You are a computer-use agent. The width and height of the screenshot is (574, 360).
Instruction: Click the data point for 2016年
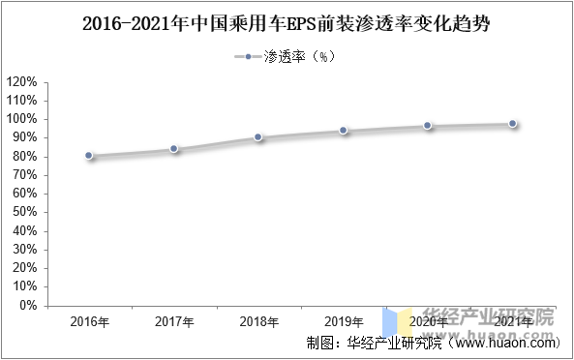(x=89, y=155)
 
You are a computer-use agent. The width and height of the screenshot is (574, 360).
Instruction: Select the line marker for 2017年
(x=174, y=149)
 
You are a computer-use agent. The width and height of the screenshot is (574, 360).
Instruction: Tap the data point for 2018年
(x=258, y=136)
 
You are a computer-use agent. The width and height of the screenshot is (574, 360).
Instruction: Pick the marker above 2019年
(x=343, y=130)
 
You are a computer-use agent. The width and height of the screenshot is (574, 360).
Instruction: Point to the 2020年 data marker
(x=427, y=126)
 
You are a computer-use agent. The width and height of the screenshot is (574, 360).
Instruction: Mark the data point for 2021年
(x=512, y=124)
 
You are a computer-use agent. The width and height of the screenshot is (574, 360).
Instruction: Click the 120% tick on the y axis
(x=22, y=81)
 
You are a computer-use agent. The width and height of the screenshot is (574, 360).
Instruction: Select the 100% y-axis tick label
(x=22, y=119)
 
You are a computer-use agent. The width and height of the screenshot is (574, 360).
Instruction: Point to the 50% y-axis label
(x=25, y=212)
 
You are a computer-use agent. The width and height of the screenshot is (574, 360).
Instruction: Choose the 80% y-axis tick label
(x=25, y=156)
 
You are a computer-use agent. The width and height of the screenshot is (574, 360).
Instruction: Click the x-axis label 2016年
(x=89, y=321)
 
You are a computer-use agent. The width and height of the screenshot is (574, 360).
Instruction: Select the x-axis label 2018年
(x=258, y=321)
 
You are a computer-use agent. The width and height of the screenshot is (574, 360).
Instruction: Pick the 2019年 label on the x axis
(x=344, y=321)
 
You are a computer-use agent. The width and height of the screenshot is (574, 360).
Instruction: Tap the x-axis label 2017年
(x=174, y=321)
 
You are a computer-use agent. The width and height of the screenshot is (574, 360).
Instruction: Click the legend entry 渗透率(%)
(x=299, y=57)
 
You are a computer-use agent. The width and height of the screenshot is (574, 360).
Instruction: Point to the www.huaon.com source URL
(x=504, y=344)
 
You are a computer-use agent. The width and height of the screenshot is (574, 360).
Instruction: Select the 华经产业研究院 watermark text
(x=491, y=316)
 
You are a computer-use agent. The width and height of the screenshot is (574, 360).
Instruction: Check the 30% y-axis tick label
(x=25, y=249)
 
